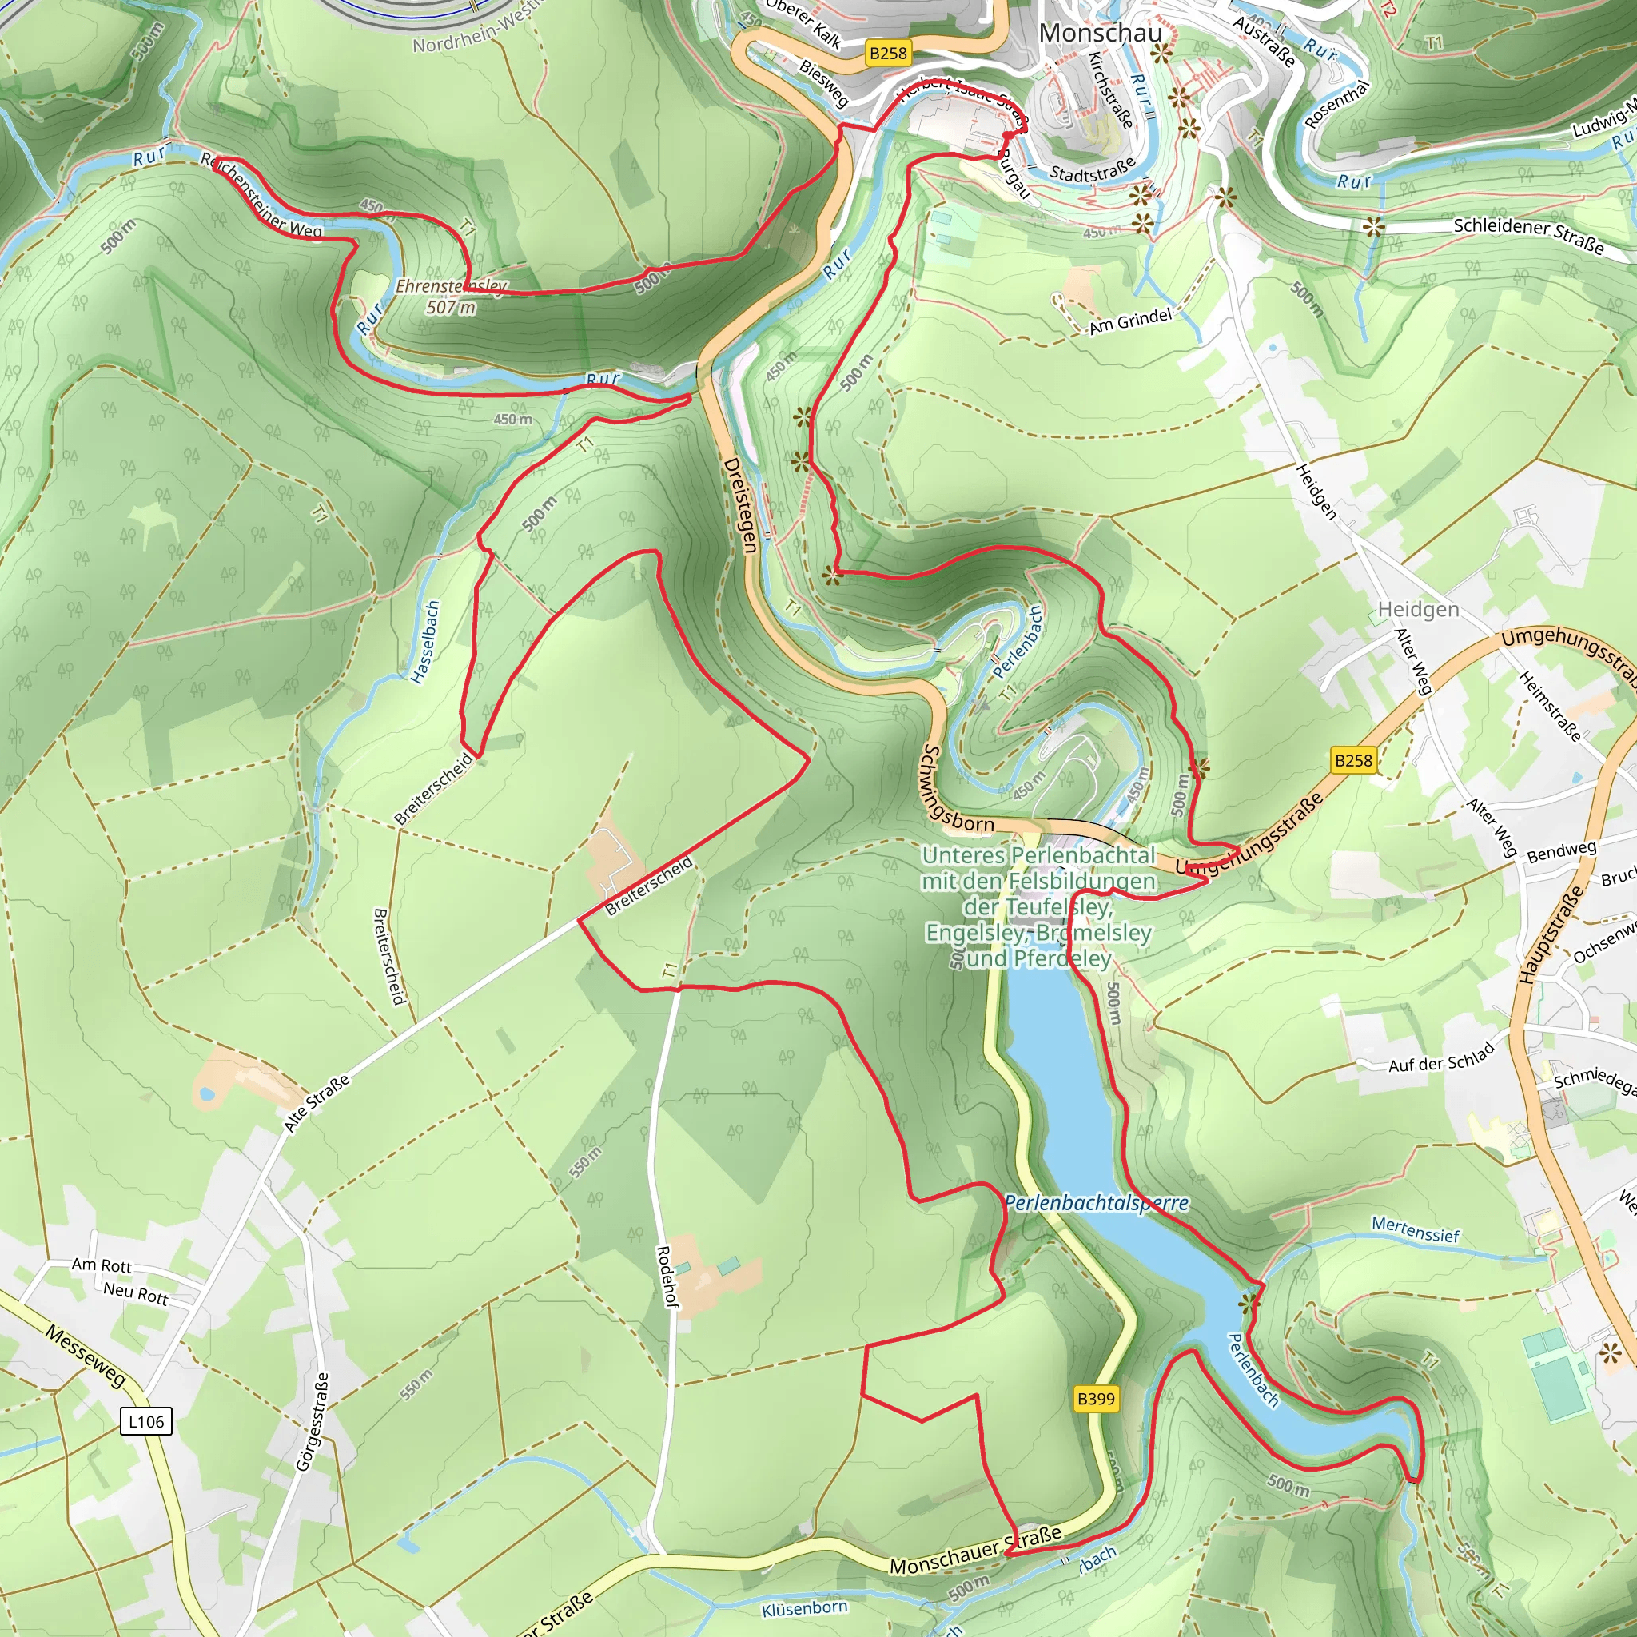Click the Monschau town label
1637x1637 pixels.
pyautogui.click(x=1100, y=33)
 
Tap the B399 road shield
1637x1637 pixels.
pyautogui.click(x=1096, y=1398)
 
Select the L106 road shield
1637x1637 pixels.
pyautogui.click(x=145, y=1421)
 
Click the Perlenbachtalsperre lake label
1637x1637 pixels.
pyautogui.click(x=1097, y=1203)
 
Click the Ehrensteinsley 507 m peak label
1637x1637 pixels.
pyautogui.click(x=451, y=297)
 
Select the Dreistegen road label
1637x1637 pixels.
pyautogui.click(x=739, y=505)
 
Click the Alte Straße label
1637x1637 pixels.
pyautogui.click(x=317, y=1104)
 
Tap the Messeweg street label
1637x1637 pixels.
pyautogui.click(x=86, y=1356)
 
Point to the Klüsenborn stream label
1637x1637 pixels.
pyautogui.click(x=804, y=1608)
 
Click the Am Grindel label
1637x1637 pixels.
pyautogui.click(x=1129, y=321)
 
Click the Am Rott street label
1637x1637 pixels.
pyautogui.click(x=102, y=1265)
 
